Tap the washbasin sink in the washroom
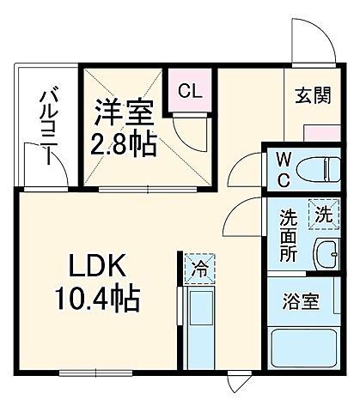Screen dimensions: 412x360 point(326,252)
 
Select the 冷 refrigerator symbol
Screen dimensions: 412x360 point(197,269)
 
